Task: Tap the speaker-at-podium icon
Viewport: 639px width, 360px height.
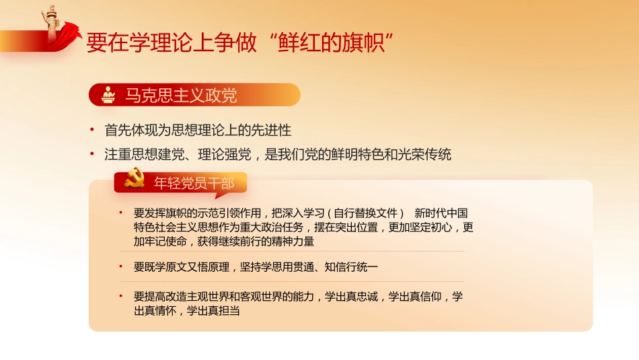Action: pos(108,95)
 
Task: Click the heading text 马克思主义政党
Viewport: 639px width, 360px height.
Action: pos(181,96)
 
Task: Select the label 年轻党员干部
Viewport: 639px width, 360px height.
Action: pos(195,182)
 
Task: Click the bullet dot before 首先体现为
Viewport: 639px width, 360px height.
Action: pos(92,130)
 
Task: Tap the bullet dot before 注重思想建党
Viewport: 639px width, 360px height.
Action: pos(92,155)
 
